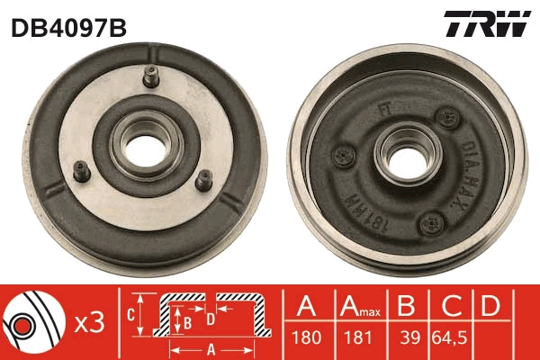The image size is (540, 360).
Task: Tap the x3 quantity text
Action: click(x=90, y=322)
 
